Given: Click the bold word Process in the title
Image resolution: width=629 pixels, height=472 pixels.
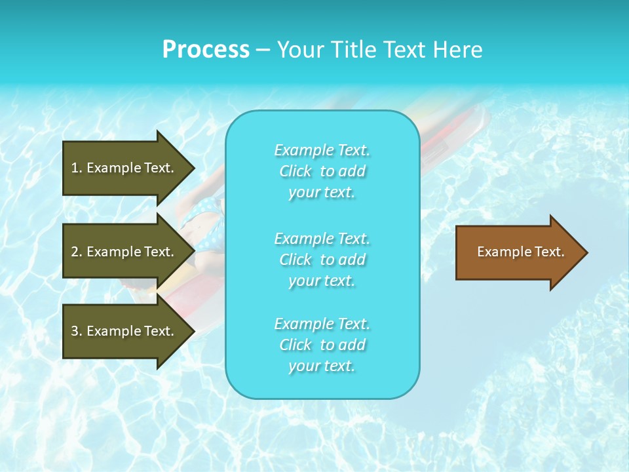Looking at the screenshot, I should (206, 50).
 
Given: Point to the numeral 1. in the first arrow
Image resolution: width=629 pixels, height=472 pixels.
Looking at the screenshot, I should (77, 168).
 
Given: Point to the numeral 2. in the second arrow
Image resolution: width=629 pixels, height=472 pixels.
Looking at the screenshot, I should (77, 252).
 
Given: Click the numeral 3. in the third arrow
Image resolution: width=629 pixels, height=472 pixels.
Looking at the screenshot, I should (77, 331).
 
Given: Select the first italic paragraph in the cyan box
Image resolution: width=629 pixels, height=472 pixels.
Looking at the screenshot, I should (322, 171).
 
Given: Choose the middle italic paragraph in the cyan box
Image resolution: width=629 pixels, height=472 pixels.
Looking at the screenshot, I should (322, 260).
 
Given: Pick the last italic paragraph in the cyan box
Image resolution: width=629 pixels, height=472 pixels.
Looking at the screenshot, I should (322, 345).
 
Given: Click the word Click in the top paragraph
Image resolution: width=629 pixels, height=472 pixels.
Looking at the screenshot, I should (295, 171).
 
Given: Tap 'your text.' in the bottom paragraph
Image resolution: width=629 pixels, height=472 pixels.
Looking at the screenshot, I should (322, 366).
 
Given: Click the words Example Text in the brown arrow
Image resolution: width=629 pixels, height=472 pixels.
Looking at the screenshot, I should (520, 252).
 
